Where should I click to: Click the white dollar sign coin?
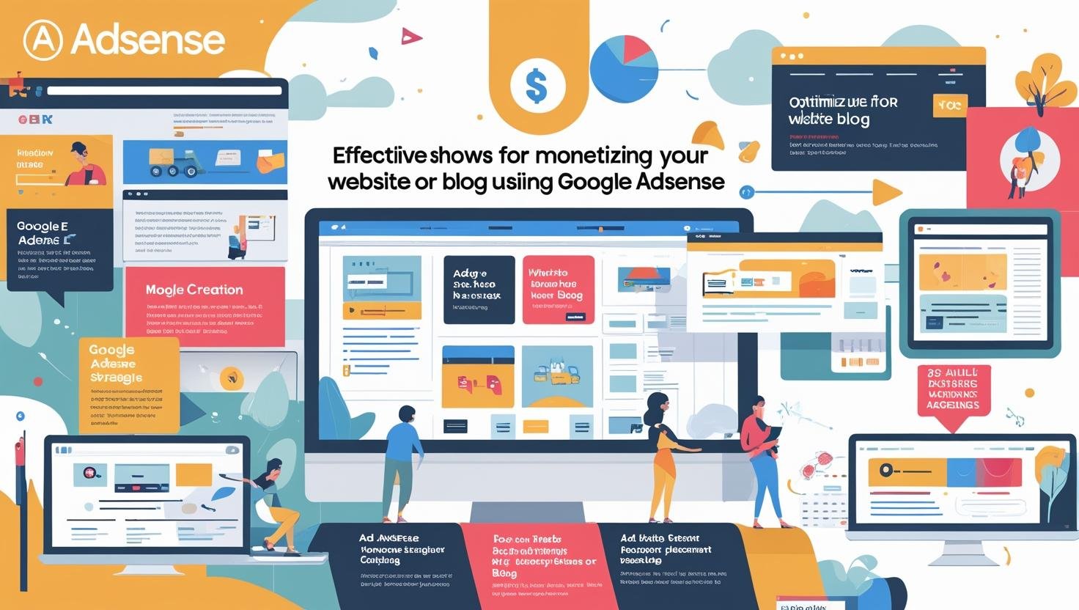(x=537, y=85)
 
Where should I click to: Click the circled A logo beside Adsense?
(x=43, y=40)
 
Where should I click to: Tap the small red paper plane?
(x=412, y=35)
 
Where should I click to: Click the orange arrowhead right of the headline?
(x=887, y=193)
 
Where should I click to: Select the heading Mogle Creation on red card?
(x=194, y=290)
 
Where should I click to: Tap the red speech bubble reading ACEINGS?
(x=954, y=393)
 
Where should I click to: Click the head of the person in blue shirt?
(x=406, y=414)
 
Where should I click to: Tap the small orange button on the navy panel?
(x=949, y=106)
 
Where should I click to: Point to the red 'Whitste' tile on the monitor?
(x=558, y=289)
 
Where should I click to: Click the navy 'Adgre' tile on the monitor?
(x=479, y=289)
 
